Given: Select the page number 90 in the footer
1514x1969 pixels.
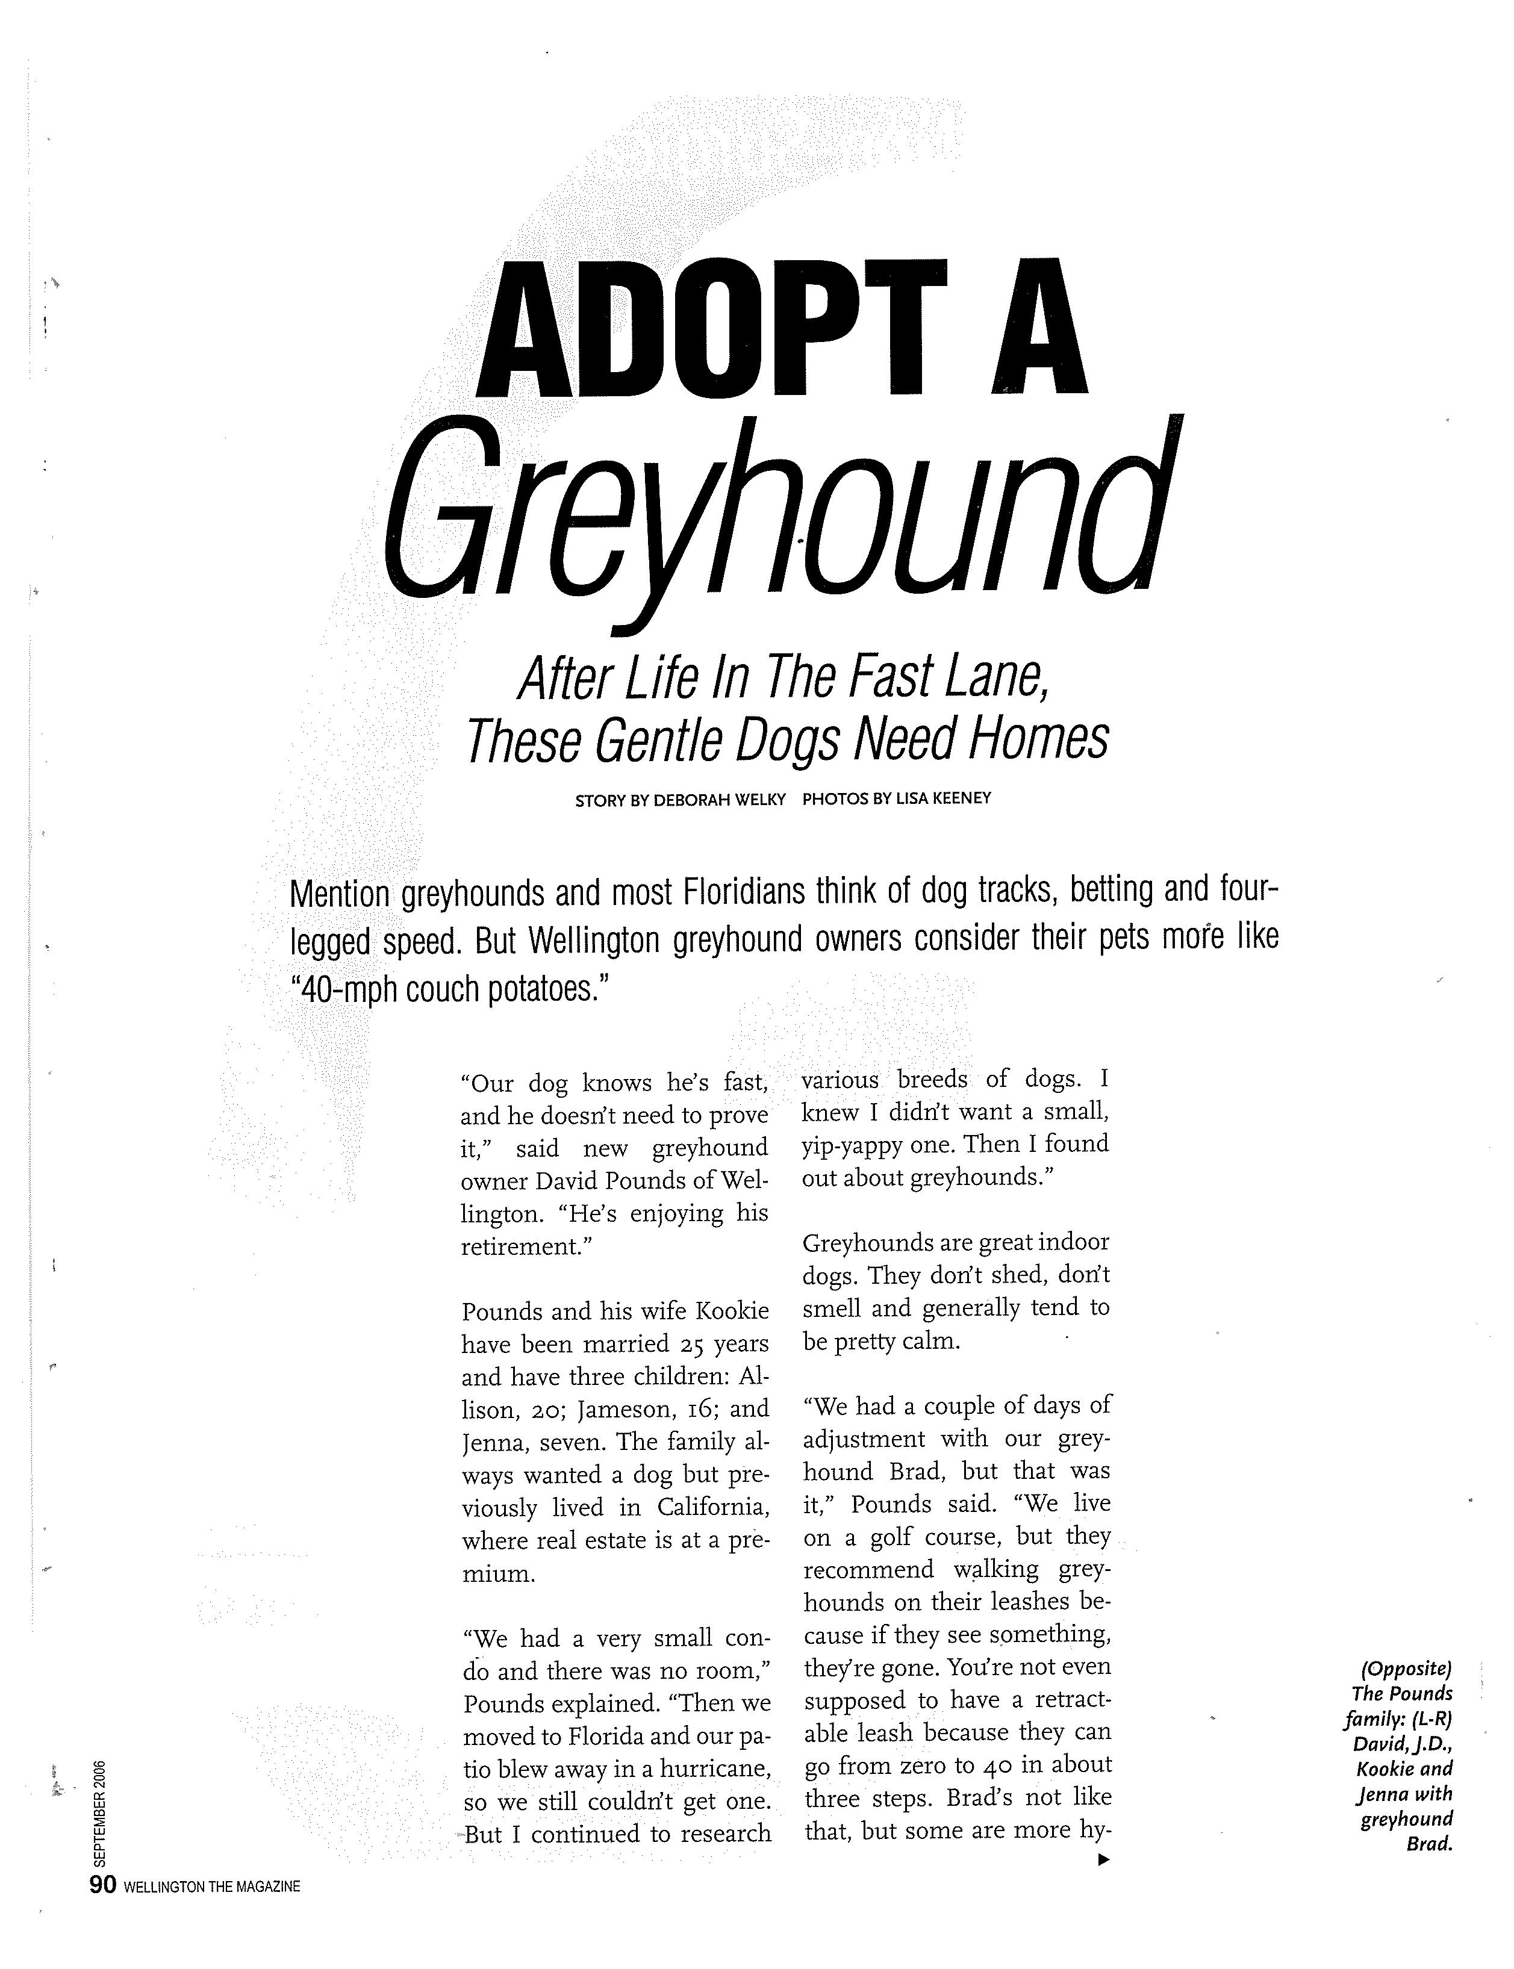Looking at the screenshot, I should pos(102,1885).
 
